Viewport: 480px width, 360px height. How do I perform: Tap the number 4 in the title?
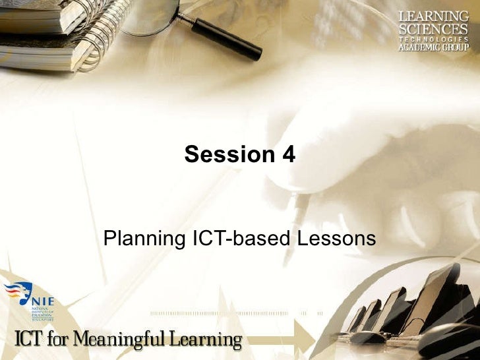[287, 155]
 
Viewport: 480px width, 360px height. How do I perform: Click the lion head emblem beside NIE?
[18, 293]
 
